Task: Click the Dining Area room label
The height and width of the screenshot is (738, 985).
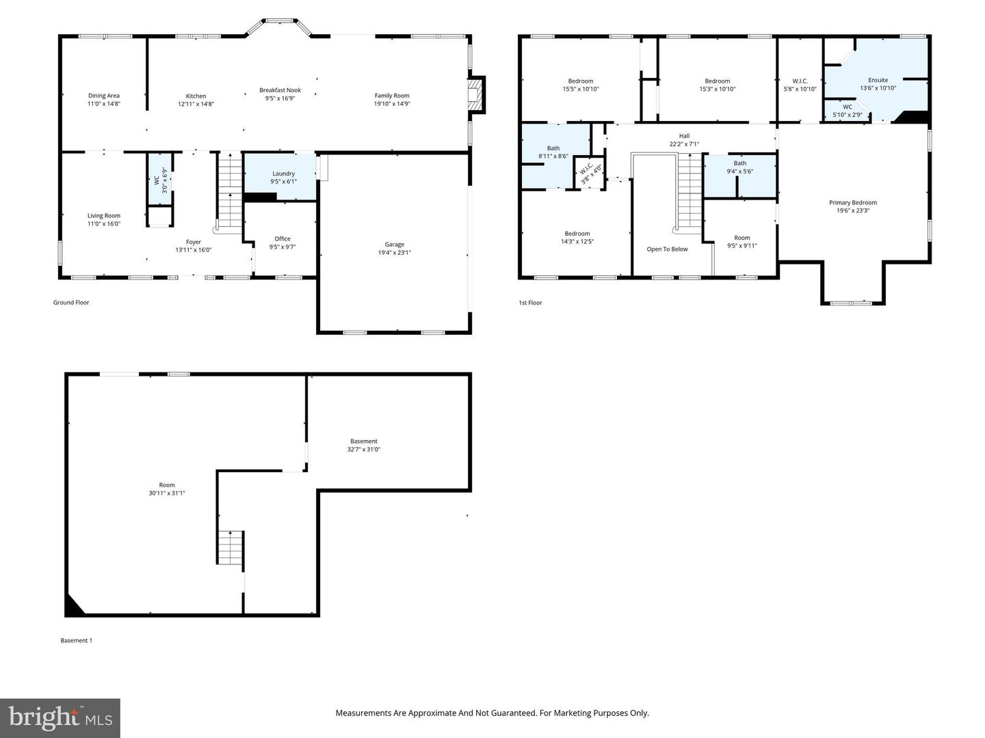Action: [104, 96]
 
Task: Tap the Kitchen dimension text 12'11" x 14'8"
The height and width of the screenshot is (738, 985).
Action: [196, 105]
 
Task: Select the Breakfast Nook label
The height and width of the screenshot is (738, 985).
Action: [280, 90]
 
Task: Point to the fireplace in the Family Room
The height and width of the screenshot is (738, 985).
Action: [475, 94]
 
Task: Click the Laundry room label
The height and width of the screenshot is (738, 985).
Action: [283, 174]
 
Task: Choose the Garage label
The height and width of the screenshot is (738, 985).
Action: [394, 245]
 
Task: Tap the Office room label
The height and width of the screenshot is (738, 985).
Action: [283, 238]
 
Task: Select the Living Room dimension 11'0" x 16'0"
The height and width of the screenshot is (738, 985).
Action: [104, 224]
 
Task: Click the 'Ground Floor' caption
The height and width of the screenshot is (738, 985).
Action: [71, 303]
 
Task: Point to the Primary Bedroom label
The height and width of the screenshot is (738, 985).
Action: [852, 202]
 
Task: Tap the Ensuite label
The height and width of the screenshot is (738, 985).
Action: [878, 80]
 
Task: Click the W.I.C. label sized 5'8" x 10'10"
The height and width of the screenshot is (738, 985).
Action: [800, 81]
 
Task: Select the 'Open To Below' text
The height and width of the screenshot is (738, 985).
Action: [667, 249]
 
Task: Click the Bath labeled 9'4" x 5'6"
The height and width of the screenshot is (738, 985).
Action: [740, 163]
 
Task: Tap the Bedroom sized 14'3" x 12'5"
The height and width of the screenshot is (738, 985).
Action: [577, 234]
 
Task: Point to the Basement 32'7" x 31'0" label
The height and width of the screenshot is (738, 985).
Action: [363, 441]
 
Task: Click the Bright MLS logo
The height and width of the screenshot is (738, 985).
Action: [60, 717]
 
